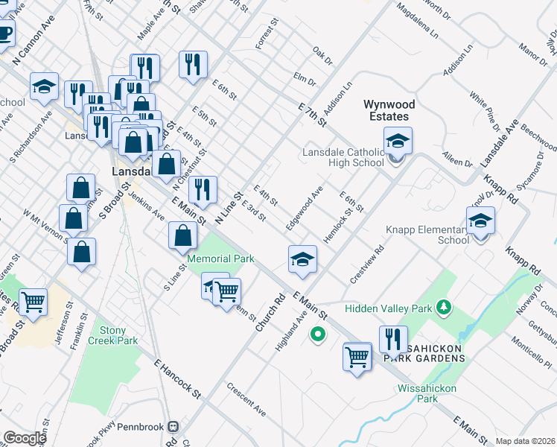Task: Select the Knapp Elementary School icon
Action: (x=480, y=221)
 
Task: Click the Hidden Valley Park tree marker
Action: (x=445, y=306)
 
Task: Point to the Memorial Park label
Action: (x=220, y=259)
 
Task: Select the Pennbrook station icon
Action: (x=174, y=426)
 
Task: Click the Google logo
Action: (x=24, y=437)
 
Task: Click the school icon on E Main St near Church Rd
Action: (x=302, y=260)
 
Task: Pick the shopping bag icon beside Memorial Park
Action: (x=182, y=237)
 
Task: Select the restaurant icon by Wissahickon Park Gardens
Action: (x=393, y=340)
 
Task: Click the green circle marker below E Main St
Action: (x=318, y=335)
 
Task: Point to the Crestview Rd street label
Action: (x=366, y=265)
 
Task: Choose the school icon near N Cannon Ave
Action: (x=44, y=89)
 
